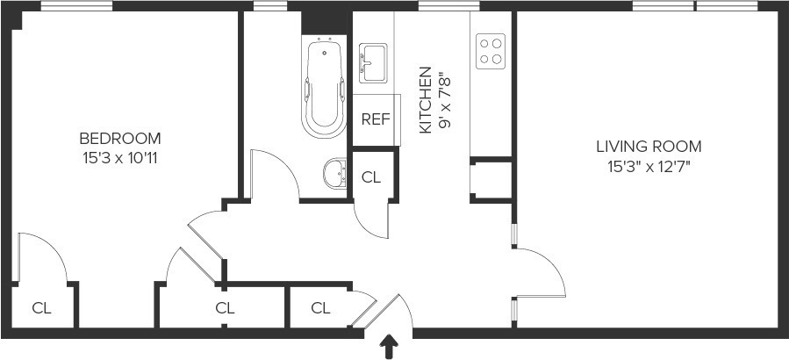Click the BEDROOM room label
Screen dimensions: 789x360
coord(120,138)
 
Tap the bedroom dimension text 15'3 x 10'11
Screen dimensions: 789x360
coord(120,158)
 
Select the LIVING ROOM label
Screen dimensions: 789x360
coord(649,147)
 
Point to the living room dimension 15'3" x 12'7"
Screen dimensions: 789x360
coord(649,166)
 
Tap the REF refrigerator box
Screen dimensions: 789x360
coord(375,119)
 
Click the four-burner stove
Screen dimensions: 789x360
coord(491,51)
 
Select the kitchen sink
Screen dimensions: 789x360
coord(375,62)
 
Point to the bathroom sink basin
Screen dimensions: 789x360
coord(334,173)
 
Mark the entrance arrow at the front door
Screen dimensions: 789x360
coord(387,347)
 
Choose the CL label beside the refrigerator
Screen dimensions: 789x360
coord(371,176)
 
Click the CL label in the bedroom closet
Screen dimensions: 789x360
coord(41,308)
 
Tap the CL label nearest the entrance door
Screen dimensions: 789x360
coord(320,308)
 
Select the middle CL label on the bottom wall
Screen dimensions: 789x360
coord(225,308)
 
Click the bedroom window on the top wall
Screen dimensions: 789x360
coord(63,6)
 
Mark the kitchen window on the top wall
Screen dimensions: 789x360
coord(443,6)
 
